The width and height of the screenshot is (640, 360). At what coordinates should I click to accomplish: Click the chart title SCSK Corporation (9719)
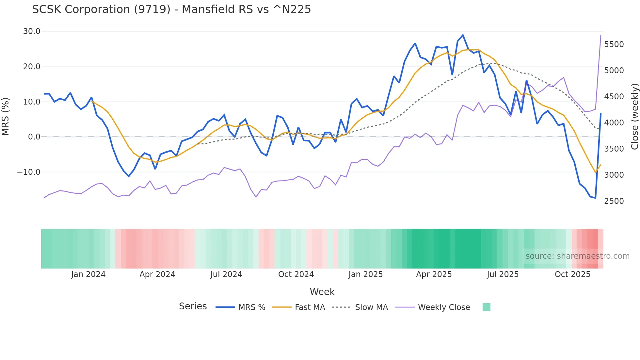click(x=171, y=9)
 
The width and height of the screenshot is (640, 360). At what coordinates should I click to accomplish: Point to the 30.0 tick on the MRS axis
click(x=32, y=31)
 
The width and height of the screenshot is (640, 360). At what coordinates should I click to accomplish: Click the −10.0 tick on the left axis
click(x=29, y=172)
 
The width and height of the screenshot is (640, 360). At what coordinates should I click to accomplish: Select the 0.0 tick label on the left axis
click(x=34, y=137)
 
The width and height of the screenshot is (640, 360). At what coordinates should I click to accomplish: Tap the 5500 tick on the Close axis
click(x=614, y=44)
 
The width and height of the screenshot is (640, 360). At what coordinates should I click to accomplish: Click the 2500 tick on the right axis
click(x=614, y=201)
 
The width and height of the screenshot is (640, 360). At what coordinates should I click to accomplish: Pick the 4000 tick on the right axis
click(x=614, y=123)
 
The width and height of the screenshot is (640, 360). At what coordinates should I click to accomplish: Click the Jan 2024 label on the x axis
click(x=88, y=274)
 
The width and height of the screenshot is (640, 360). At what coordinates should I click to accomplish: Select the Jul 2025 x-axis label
click(x=503, y=274)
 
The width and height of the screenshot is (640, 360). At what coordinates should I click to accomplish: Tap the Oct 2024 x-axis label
click(x=296, y=274)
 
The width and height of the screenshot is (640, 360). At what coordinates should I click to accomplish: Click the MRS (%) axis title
click(x=6, y=117)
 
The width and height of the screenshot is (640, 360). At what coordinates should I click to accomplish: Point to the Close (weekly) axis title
click(x=634, y=117)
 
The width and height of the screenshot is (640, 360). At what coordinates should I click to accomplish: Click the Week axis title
click(x=322, y=292)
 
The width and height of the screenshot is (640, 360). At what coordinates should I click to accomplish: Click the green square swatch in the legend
click(x=486, y=307)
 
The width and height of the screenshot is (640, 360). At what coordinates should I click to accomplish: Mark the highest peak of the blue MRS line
click(x=463, y=35)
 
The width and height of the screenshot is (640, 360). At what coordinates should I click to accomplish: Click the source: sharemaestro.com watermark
click(x=577, y=256)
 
